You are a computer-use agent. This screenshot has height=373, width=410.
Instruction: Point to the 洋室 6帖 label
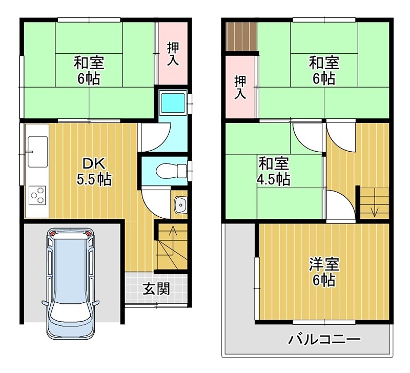pos(324,273)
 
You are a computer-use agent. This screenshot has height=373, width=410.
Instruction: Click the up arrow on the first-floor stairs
pos(173,234)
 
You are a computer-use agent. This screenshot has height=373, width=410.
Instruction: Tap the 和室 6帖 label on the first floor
pos(88,71)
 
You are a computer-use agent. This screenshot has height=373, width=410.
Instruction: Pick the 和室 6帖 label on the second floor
pos(323,71)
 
